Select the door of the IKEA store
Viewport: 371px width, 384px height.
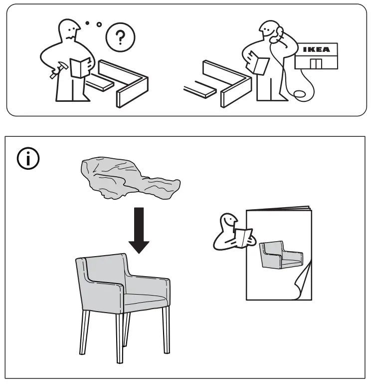click(x=315, y=64)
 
